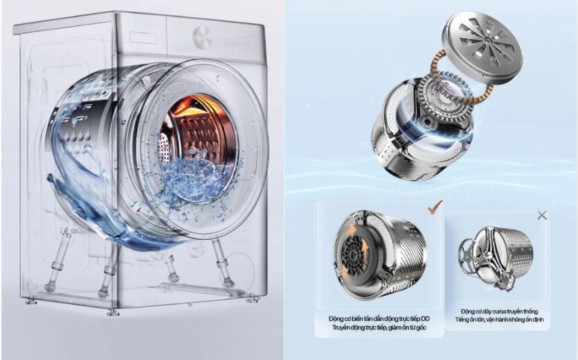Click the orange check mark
434,206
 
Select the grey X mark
542,215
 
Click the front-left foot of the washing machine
112,309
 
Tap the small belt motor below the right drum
509,278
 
